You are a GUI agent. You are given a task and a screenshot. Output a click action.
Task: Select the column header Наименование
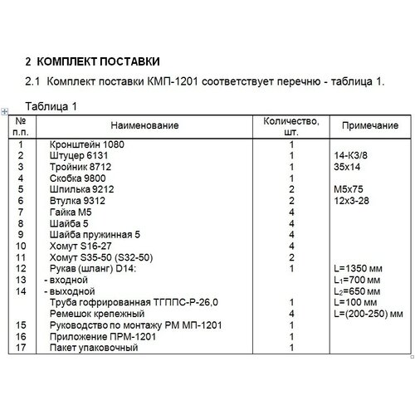147,125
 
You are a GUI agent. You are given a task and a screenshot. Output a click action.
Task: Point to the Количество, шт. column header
291,125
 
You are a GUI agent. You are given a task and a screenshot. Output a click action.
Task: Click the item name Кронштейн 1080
85,144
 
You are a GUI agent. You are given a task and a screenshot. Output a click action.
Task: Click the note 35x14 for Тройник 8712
343,166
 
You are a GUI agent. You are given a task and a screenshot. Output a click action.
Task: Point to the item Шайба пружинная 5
95,234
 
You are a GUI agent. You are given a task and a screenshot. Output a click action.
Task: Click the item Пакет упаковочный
93,349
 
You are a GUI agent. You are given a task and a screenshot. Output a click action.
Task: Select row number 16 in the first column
22,337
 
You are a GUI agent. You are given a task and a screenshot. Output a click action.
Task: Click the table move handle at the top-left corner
6,112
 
